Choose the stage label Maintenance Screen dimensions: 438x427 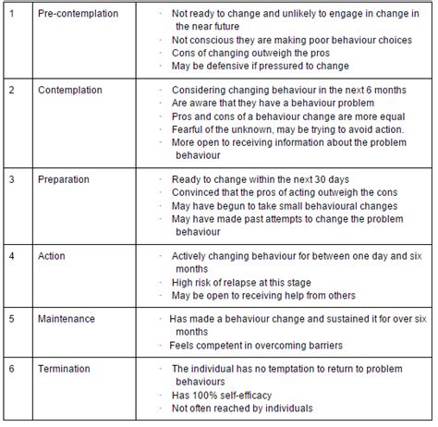coord(66,319)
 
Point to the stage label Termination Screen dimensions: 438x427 coord(63,368)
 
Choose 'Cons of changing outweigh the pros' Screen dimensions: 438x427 coord(250,54)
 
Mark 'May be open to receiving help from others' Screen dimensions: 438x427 coord(264,296)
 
